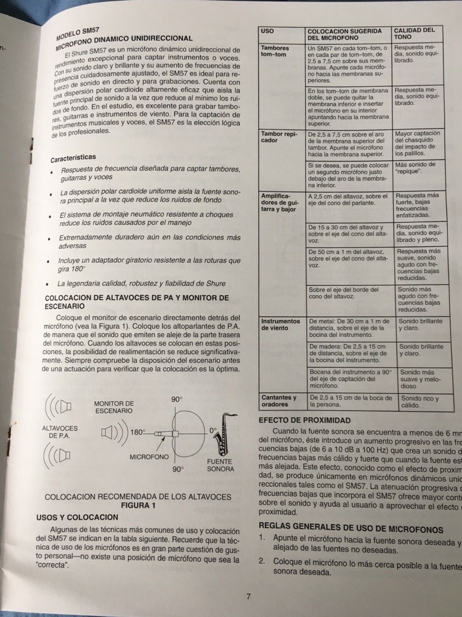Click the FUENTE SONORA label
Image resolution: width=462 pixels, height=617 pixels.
pos(221,465)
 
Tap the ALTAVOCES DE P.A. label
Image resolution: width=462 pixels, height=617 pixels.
pos(60,432)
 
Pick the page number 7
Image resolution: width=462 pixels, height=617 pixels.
pos(248,596)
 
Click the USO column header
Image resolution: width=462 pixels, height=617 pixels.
pos(268,30)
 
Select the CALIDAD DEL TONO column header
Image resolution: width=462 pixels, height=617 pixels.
pos(414,33)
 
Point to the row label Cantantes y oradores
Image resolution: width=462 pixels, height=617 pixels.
pos(279,401)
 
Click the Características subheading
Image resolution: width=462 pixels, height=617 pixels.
pos(73,158)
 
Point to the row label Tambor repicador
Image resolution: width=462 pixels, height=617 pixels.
pos(278,136)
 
